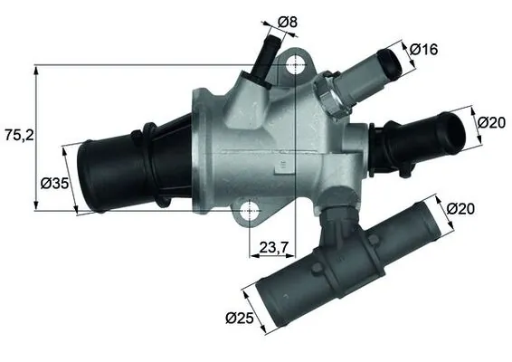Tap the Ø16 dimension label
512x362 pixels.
[422, 49]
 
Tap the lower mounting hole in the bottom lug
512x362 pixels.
[251, 212]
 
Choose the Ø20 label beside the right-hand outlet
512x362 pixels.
[490, 122]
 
